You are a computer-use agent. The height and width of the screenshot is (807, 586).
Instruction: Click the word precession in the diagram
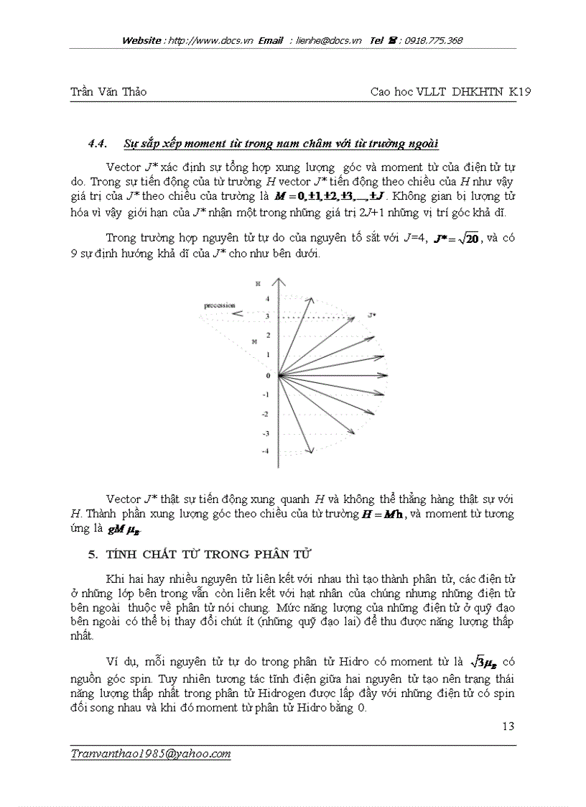(218, 305)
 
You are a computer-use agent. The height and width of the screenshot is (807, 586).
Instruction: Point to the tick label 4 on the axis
(266, 298)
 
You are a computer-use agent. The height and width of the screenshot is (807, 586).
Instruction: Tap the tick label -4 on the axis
(265, 451)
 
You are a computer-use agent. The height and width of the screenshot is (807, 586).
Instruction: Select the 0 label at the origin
(267, 375)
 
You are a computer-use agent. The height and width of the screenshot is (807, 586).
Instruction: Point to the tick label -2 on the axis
(265, 414)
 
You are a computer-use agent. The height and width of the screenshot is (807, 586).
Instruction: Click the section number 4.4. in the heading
(97, 143)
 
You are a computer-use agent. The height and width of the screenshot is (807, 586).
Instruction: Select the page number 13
(508, 727)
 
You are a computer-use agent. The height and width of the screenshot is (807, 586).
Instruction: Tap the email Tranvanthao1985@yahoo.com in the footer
(151, 754)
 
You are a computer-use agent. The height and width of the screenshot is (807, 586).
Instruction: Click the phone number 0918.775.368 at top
(433, 41)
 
